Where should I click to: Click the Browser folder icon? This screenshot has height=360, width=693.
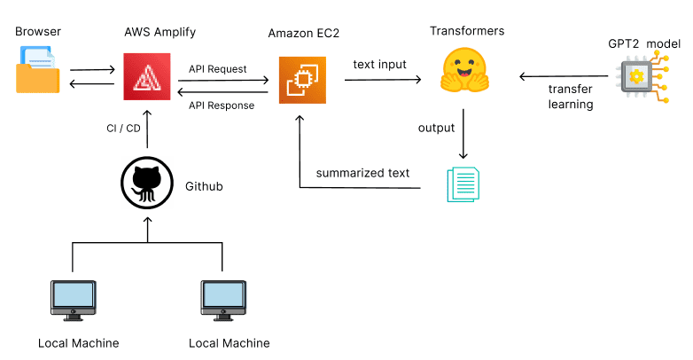(x=38, y=71)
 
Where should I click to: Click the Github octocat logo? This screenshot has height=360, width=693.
(x=145, y=184)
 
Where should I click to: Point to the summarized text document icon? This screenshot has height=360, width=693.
(x=464, y=184)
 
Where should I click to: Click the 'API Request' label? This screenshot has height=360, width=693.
(x=218, y=68)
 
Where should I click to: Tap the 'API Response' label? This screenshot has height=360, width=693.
(x=222, y=106)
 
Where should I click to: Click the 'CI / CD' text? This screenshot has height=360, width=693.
(x=123, y=129)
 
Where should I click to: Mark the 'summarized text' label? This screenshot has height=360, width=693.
(x=362, y=173)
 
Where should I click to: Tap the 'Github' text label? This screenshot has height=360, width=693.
(x=204, y=186)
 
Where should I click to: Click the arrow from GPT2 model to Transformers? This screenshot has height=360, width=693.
(x=564, y=76)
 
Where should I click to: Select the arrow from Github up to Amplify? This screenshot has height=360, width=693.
(x=146, y=133)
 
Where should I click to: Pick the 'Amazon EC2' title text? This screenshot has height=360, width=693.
(x=304, y=34)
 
